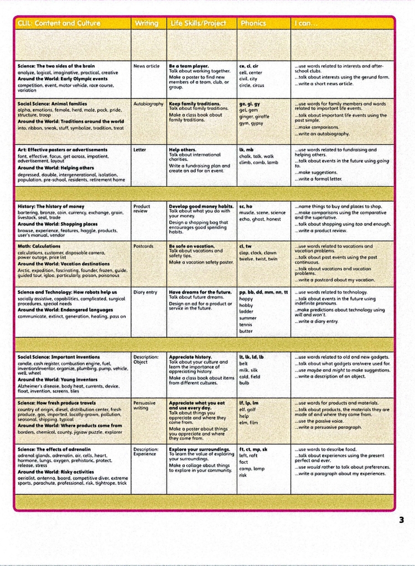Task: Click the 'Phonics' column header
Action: tap(253, 24)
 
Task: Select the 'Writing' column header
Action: tap(146, 24)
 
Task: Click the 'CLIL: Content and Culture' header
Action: tap(59, 24)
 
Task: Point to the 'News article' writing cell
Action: tap(147, 66)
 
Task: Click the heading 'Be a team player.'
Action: tap(189, 66)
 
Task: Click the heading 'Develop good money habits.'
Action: tap(201, 206)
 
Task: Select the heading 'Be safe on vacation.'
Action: tap(191, 246)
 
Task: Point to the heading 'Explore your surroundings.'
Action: tap(199, 449)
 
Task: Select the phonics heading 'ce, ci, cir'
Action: tap(250, 66)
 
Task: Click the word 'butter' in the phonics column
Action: tap(246, 332)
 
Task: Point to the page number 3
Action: tap(401, 520)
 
